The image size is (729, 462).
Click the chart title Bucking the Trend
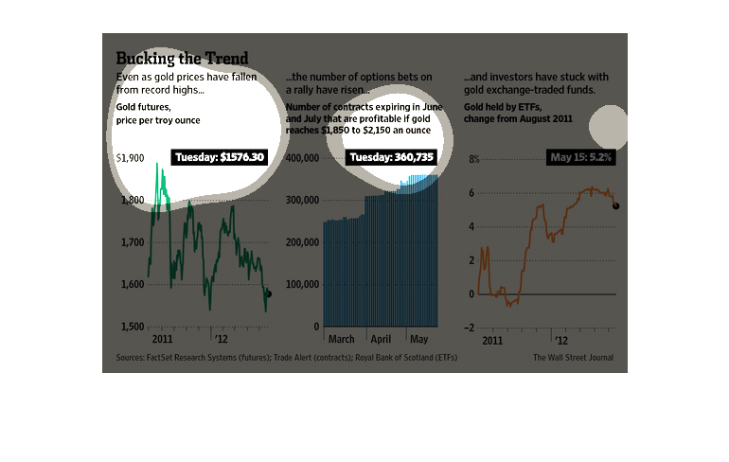tap(182, 59)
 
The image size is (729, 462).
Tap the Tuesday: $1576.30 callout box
tap(220, 157)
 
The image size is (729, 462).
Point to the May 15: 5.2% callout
tap(580, 157)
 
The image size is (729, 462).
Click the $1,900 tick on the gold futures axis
tap(130, 158)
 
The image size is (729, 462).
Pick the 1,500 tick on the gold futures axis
tap(131, 327)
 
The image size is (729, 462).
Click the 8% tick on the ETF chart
tap(474, 158)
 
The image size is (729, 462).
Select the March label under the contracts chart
tap(341, 338)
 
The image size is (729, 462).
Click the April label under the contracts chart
tap(382, 338)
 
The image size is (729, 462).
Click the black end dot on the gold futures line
tap(269, 294)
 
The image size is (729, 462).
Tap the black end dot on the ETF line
tap(616, 205)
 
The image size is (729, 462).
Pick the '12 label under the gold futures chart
tap(221, 338)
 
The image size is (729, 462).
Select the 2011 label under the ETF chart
tap(492, 338)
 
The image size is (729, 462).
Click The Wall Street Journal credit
tap(573, 358)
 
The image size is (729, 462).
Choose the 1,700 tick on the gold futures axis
tap(131, 242)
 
